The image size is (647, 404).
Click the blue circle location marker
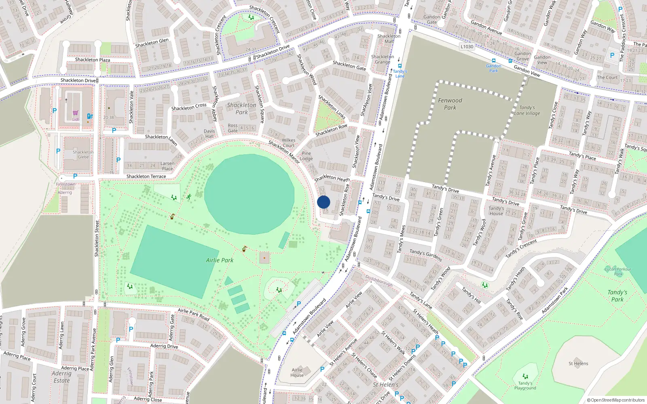(323, 202)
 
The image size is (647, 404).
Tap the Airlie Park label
(220, 260)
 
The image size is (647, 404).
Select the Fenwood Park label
(450, 104)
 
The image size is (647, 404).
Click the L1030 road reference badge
(467, 46)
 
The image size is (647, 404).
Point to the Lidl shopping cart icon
(76, 113)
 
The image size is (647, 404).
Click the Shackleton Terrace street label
(146, 177)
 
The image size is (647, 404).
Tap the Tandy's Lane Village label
(527, 110)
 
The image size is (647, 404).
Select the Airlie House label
(297, 372)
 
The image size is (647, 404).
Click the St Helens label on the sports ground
(578, 363)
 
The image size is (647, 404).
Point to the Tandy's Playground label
(525, 385)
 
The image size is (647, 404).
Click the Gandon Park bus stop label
(493, 68)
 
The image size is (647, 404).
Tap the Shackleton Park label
(241, 108)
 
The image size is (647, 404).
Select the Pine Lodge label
(306, 156)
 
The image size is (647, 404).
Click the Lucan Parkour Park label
(618, 271)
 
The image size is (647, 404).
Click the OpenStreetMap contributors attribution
(615, 400)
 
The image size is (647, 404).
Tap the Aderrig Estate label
(61, 377)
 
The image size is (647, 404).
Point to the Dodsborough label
(379, 281)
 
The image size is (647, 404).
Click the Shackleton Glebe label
(83, 154)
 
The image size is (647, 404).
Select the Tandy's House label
(496, 211)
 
